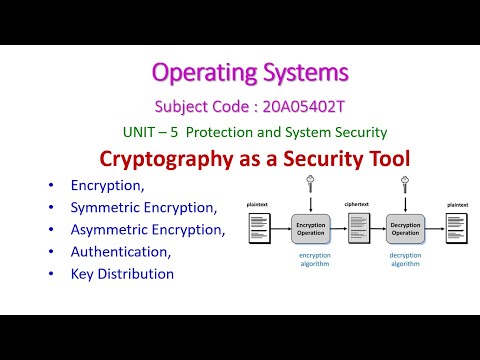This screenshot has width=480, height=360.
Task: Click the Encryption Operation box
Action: [310, 229]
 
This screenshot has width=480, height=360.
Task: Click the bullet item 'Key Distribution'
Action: [122, 274]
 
